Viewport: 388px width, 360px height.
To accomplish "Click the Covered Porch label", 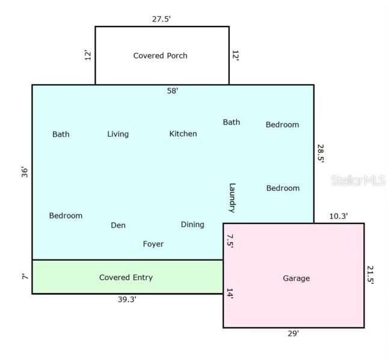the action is (161, 56).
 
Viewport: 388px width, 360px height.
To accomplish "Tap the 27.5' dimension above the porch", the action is (161, 19).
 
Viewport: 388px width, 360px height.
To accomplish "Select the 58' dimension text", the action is (173, 91).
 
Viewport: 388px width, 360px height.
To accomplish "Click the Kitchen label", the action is (183, 134).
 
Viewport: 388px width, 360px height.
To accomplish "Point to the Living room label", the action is (118, 134).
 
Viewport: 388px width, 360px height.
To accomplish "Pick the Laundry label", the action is (232, 198).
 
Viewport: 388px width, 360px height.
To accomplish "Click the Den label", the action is (118, 225).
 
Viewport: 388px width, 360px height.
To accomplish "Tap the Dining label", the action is (192, 225).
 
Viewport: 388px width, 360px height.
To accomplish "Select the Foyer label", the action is (153, 244).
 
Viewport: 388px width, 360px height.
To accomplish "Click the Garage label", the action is (296, 278).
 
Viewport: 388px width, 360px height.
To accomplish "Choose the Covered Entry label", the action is (126, 278).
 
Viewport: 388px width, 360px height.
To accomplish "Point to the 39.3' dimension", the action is (127, 299).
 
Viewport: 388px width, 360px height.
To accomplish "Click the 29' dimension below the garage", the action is (293, 334).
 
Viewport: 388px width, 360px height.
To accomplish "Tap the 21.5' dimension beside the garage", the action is (370, 275).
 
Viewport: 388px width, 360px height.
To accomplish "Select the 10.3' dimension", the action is (338, 216).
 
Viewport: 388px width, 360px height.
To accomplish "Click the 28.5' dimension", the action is (321, 154).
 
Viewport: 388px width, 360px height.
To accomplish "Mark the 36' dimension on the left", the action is (25, 172).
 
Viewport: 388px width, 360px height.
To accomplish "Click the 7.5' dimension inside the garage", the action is (230, 241).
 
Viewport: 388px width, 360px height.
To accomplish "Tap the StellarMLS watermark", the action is (359, 180).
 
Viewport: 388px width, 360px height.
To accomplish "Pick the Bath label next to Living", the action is (61, 134).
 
